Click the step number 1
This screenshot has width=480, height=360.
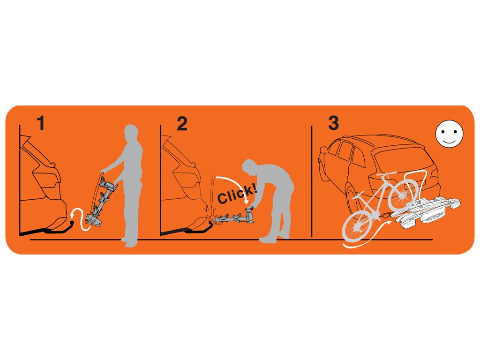pyautogui.click(x=41, y=123)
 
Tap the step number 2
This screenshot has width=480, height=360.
pyautogui.click(x=182, y=123)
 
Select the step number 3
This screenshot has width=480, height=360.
pyautogui.click(x=333, y=123)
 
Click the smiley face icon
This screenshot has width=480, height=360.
pyautogui.click(x=449, y=134)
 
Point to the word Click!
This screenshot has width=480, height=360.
pyautogui.click(x=237, y=194)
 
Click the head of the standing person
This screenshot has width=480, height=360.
pyautogui.click(x=132, y=132)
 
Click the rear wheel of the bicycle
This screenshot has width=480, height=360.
pyautogui.click(x=403, y=195)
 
